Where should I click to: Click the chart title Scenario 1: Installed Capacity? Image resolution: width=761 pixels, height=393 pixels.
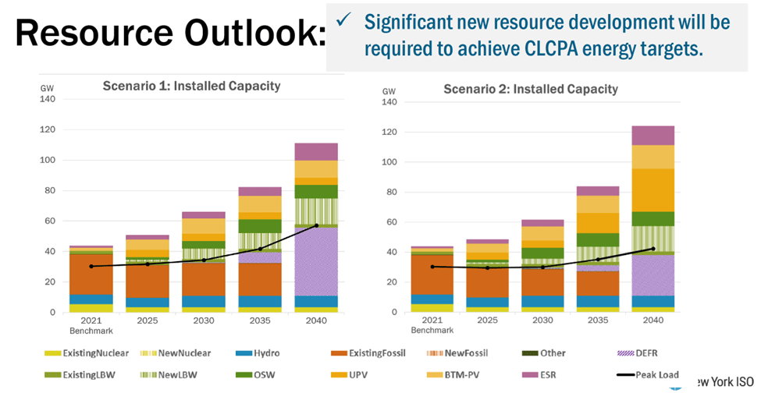(x=191, y=86)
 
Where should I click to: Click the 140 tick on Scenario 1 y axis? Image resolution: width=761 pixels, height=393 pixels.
(x=49, y=99)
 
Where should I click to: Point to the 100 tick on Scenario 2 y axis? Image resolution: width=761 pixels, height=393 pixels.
(x=388, y=162)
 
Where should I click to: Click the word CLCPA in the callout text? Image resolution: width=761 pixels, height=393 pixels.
(x=557, y=48)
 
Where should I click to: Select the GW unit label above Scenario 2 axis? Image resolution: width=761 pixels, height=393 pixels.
(x=389, y=91)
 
